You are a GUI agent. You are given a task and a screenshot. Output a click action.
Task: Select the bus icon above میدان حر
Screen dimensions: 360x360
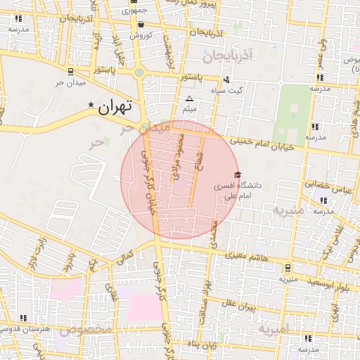[70, 71]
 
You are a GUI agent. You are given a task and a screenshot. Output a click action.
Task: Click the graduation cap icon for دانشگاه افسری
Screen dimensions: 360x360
[237, 174]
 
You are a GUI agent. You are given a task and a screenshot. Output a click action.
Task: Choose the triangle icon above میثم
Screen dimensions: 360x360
[189, 98]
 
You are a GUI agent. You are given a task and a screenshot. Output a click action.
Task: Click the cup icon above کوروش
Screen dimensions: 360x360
[142, 24]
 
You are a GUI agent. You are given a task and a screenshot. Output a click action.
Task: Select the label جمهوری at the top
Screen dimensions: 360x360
[134, 11]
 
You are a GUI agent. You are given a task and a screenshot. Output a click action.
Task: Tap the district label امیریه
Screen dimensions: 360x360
[273, 328]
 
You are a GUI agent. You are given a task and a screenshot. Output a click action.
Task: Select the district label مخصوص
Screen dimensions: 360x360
[86, 330]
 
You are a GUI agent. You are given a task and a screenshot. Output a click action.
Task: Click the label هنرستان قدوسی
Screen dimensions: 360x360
[25, 328]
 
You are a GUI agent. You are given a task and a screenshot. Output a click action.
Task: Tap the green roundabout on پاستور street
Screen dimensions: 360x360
[139, 72]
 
